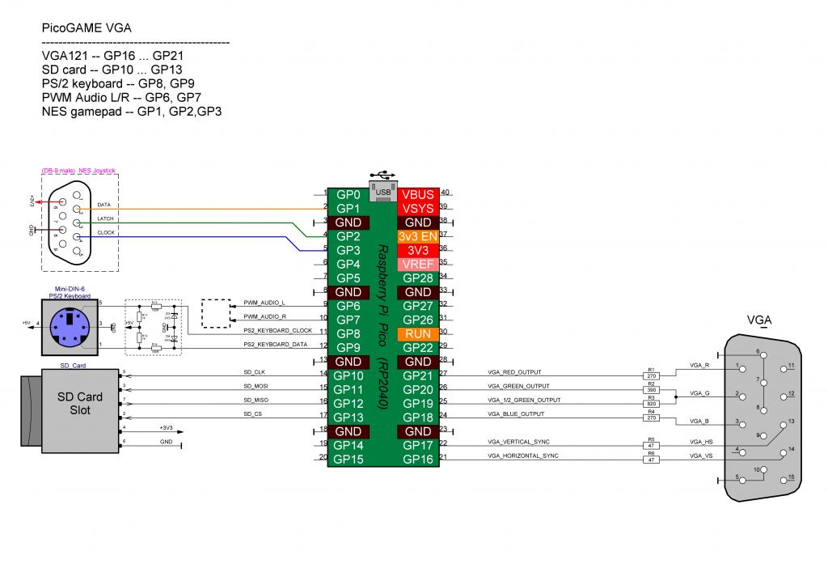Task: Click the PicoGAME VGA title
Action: pyautogui.click(x=87, y=28)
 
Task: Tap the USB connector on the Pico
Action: pyautogui.click(x=384, y=189)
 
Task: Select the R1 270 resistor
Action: pyautogui.click(x=652, y=375)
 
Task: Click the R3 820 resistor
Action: pyautogui.click(x=652, y=403)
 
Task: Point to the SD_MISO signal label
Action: pyautogui.click(x=256, y=400)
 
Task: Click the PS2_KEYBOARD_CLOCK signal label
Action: pyautogui.click(x=278, y=330)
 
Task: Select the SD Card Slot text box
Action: pyautogui.click(x=79, y=403)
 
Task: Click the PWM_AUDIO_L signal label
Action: pyautogui.click(x=265, y=303)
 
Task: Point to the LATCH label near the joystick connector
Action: pyautogui.click(x=105, y=219)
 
